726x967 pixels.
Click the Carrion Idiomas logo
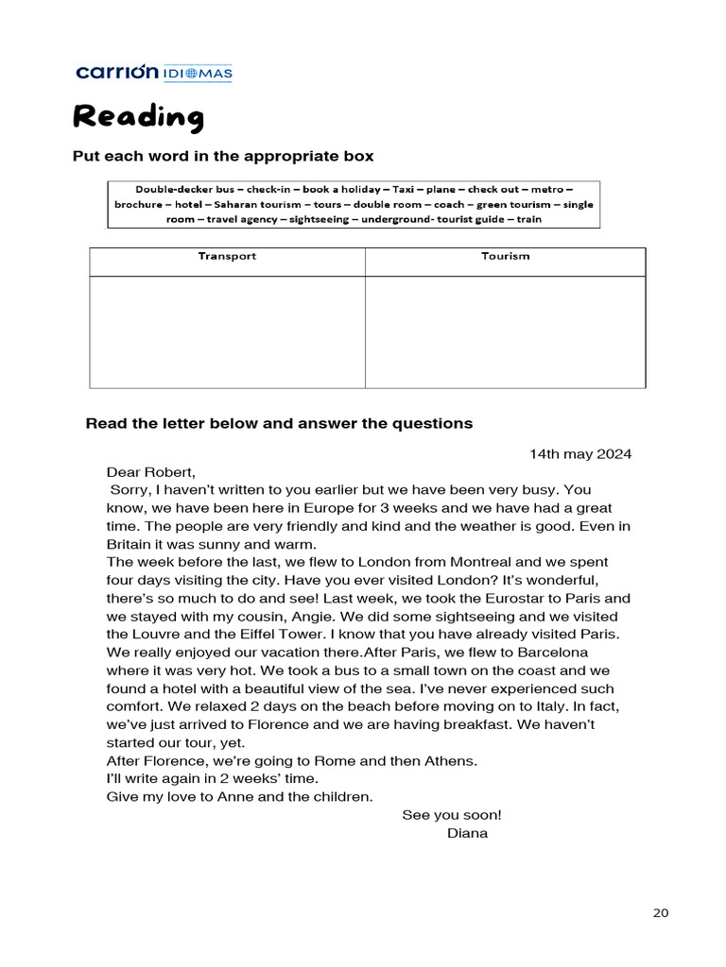point(154,73)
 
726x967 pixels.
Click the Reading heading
point(138,117)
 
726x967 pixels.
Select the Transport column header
point(227,257)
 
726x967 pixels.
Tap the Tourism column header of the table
point(505,257)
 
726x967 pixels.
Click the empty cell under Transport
point(227,331)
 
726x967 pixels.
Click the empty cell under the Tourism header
point(505,331)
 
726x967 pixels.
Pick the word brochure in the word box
point(138,204)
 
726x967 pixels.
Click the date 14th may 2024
point(580,454)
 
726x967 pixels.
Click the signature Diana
point(467,833)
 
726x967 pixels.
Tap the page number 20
point(661,912)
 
